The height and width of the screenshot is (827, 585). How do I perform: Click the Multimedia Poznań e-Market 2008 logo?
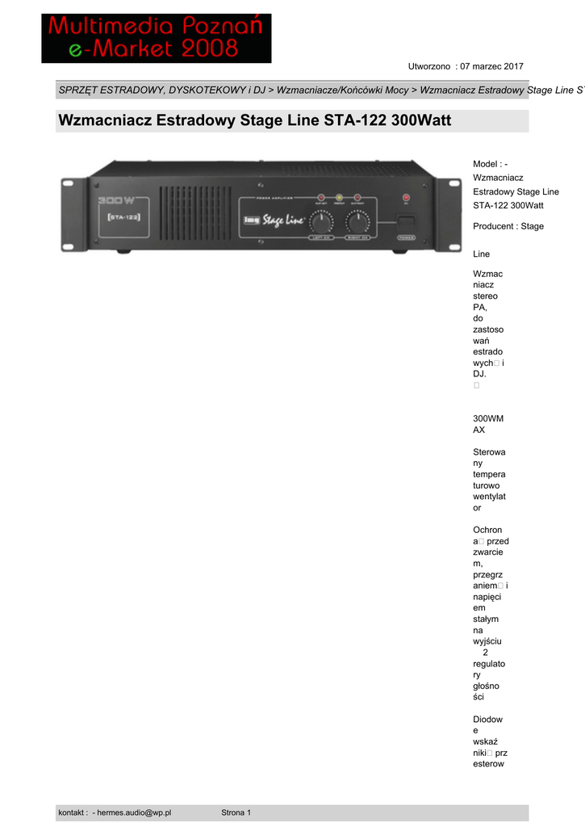click(x=157, y=38)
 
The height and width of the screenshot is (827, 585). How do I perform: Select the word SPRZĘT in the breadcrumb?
click(x=77, y=90)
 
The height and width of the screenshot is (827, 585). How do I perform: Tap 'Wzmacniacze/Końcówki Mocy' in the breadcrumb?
click(x=342, y=90)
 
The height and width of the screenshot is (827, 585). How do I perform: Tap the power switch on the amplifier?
click(x=405, y=221)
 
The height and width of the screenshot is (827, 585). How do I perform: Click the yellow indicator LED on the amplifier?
click(x=339, y=198)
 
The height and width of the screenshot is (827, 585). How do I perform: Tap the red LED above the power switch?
click(x=405, y=198)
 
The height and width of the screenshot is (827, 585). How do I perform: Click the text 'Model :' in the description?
click(x=487, y=165)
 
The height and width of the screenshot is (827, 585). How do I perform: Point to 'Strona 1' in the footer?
click(x=236, y=812)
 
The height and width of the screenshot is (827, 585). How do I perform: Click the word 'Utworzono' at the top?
click(x=428, y=65)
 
